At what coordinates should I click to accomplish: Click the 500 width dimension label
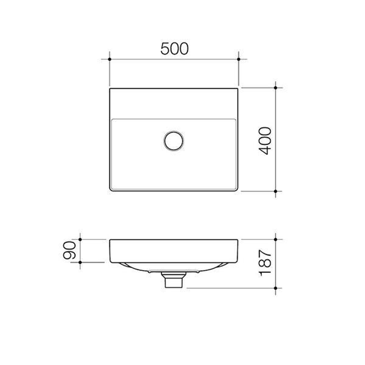[x=174, y=49]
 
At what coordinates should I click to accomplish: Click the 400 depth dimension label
[x=266, y=141]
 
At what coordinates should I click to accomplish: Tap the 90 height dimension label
[x=70, y=250]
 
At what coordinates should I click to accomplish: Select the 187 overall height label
[x=266, y=263]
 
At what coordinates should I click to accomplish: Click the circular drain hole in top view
[x=174, y=141]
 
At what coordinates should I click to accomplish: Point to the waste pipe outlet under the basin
[x=174, y=280]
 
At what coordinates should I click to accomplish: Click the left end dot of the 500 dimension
[x=109, y=59]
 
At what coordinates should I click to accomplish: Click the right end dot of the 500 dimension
[x=239, y=59]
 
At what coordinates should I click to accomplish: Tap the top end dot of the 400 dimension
[x=275, y=88]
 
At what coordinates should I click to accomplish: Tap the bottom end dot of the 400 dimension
[x=275, y=191]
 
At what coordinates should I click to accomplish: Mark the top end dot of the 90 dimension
[x=80, y=239]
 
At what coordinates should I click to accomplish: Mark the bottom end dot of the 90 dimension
[x=80, y=262]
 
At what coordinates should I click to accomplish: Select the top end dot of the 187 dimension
[x=275, y=239]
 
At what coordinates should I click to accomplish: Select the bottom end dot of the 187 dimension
[x=275, y=288]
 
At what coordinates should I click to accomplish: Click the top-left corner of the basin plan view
[x=110, y=89]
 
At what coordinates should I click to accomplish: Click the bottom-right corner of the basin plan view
[x=237, y=191]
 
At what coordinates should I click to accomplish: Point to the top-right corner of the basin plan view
[x=237, y=89]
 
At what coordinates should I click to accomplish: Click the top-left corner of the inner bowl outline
[x=112, y=120]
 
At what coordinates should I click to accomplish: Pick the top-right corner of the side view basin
[x=237, y=240]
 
